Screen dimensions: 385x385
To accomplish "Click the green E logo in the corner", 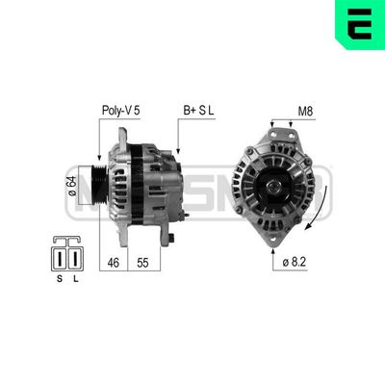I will coord(359,23).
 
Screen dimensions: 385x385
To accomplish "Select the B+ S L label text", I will coord(199,110).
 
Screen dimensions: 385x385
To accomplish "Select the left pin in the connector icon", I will coord(61,258).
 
